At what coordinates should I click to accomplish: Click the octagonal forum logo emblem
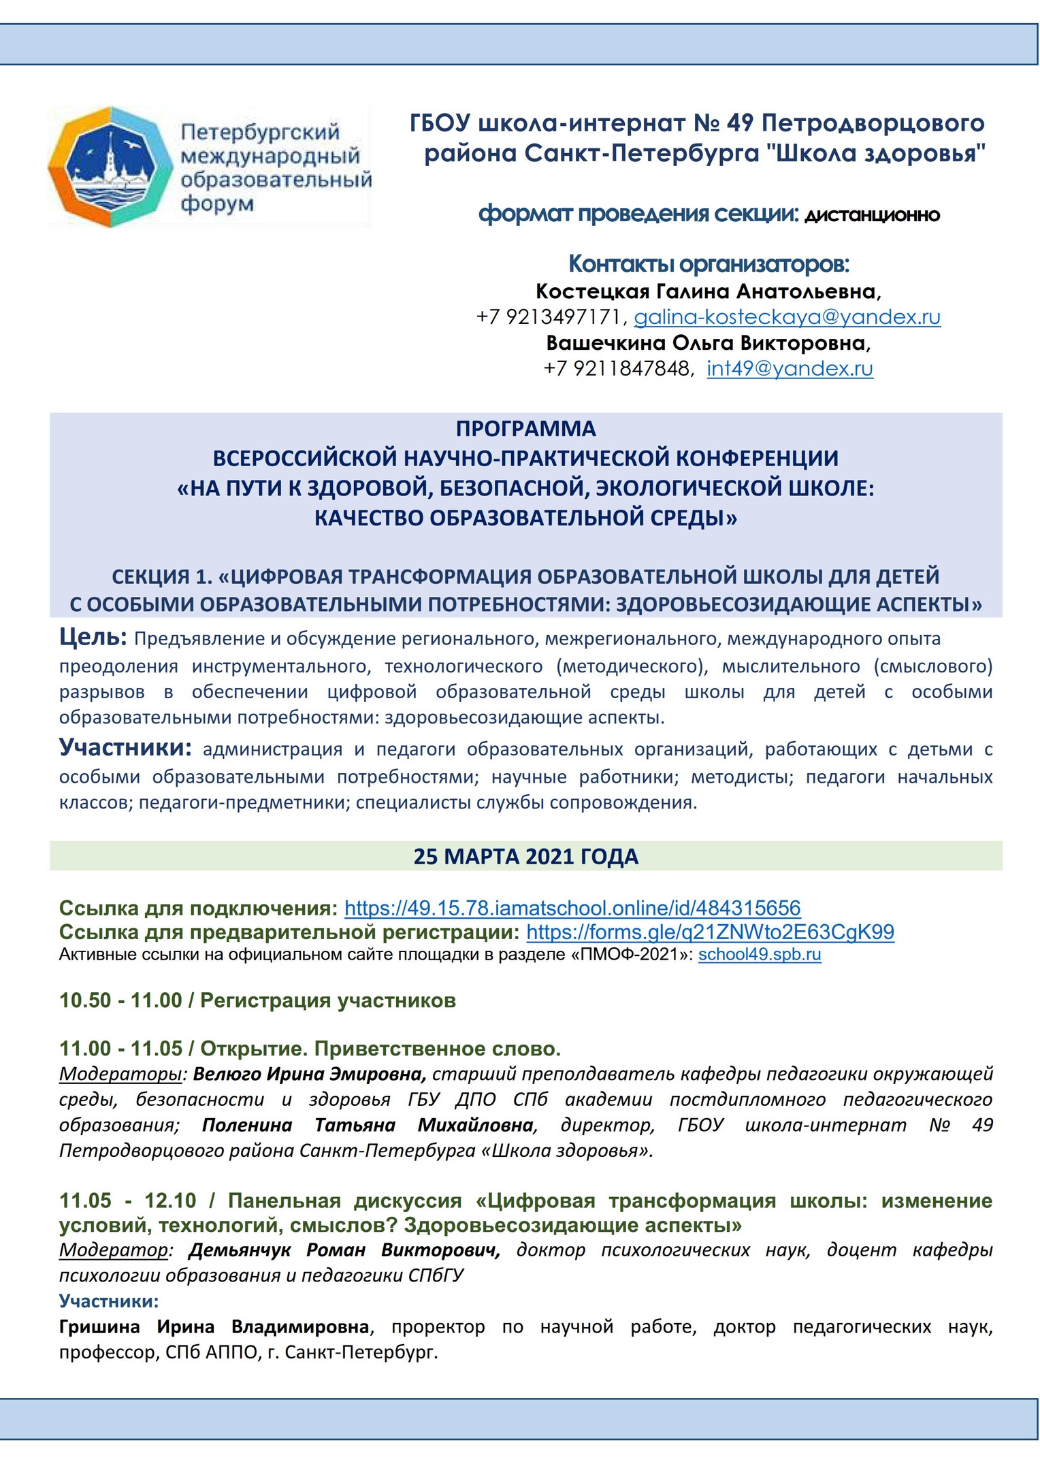(x=109, y=166)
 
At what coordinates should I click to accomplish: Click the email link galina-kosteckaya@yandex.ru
(x=787, y=317)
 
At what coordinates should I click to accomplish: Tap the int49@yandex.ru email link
(x=790, y=369)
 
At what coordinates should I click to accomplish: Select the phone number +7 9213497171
(x=549, y=317)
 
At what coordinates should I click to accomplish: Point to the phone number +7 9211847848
(x=617, y=369)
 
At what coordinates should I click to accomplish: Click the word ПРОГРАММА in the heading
(x=525, y=429)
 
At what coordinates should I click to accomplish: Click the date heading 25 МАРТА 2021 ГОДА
(x=525, y=856)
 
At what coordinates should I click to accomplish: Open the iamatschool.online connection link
(x=572, y=908)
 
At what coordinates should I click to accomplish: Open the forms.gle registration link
(x=710, y=932)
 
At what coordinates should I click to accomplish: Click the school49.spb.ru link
(x=760, y=954)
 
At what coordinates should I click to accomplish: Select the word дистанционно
(x=872, y=216)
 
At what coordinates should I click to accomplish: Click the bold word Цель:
(x=93, y=638)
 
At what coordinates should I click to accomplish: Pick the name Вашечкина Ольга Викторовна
(x=707, y=343)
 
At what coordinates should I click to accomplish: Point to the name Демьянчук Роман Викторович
(x=344, y=1250)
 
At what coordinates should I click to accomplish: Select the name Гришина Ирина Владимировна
(x=214, y=1326)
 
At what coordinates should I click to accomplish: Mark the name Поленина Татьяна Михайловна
(x=368, y=1125)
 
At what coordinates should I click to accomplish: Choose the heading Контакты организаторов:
(x=709, y=263)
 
